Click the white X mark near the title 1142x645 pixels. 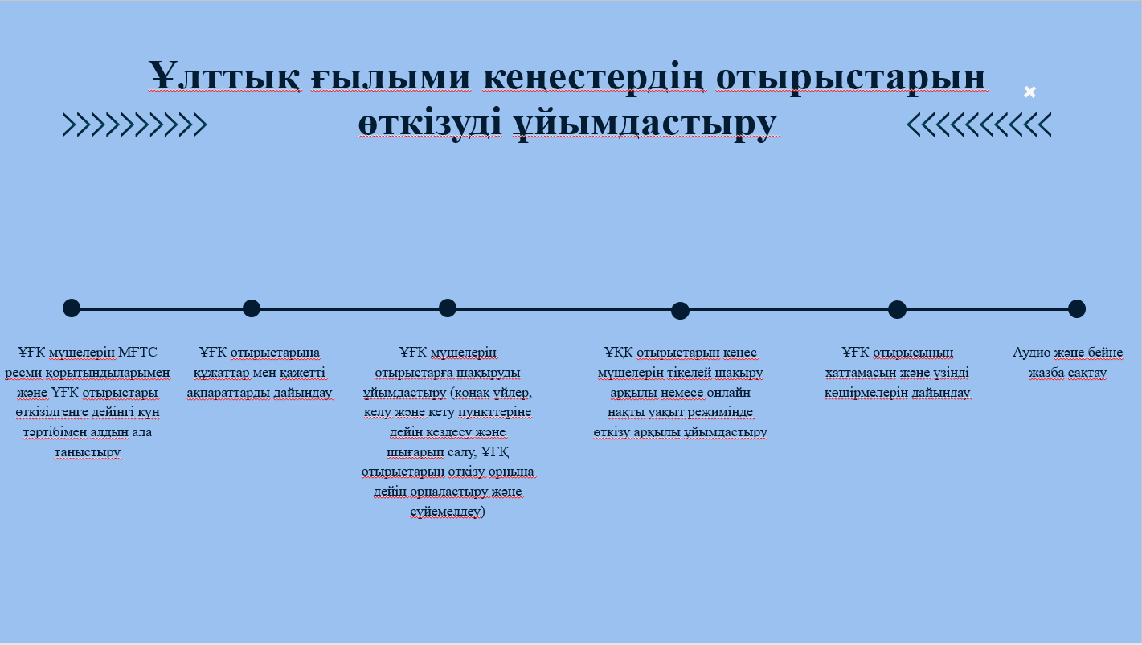click(1029, 92)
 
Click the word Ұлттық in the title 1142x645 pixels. click(223, 77)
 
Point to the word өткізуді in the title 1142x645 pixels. click(430, 122)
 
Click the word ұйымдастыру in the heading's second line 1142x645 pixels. click(645, 123)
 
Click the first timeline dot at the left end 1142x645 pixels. click(72, 308)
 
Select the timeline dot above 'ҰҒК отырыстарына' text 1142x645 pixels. click(252, 308)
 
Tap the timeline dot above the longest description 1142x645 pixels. click(447, 308)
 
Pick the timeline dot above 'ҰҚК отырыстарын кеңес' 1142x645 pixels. click(680, 310)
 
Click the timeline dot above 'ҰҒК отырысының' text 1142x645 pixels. click(897, 309)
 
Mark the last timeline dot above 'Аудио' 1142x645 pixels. click(1077, 308)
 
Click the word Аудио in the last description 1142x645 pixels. click(1031, 353)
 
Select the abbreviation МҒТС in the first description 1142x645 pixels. click(137, 353)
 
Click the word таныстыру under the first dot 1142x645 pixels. click(87, 452)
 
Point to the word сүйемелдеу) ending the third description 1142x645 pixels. click(448, 512)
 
